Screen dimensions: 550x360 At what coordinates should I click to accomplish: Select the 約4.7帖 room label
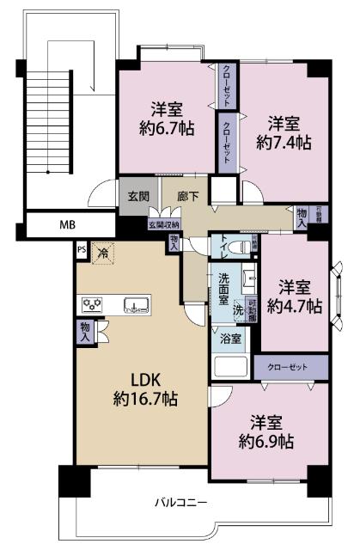coord(295,305)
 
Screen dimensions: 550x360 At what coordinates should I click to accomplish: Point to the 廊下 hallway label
coord(188,197)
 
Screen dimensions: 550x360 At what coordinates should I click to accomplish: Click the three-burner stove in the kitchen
coord(92,303)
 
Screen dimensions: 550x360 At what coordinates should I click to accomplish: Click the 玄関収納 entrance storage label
coord(163,224)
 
